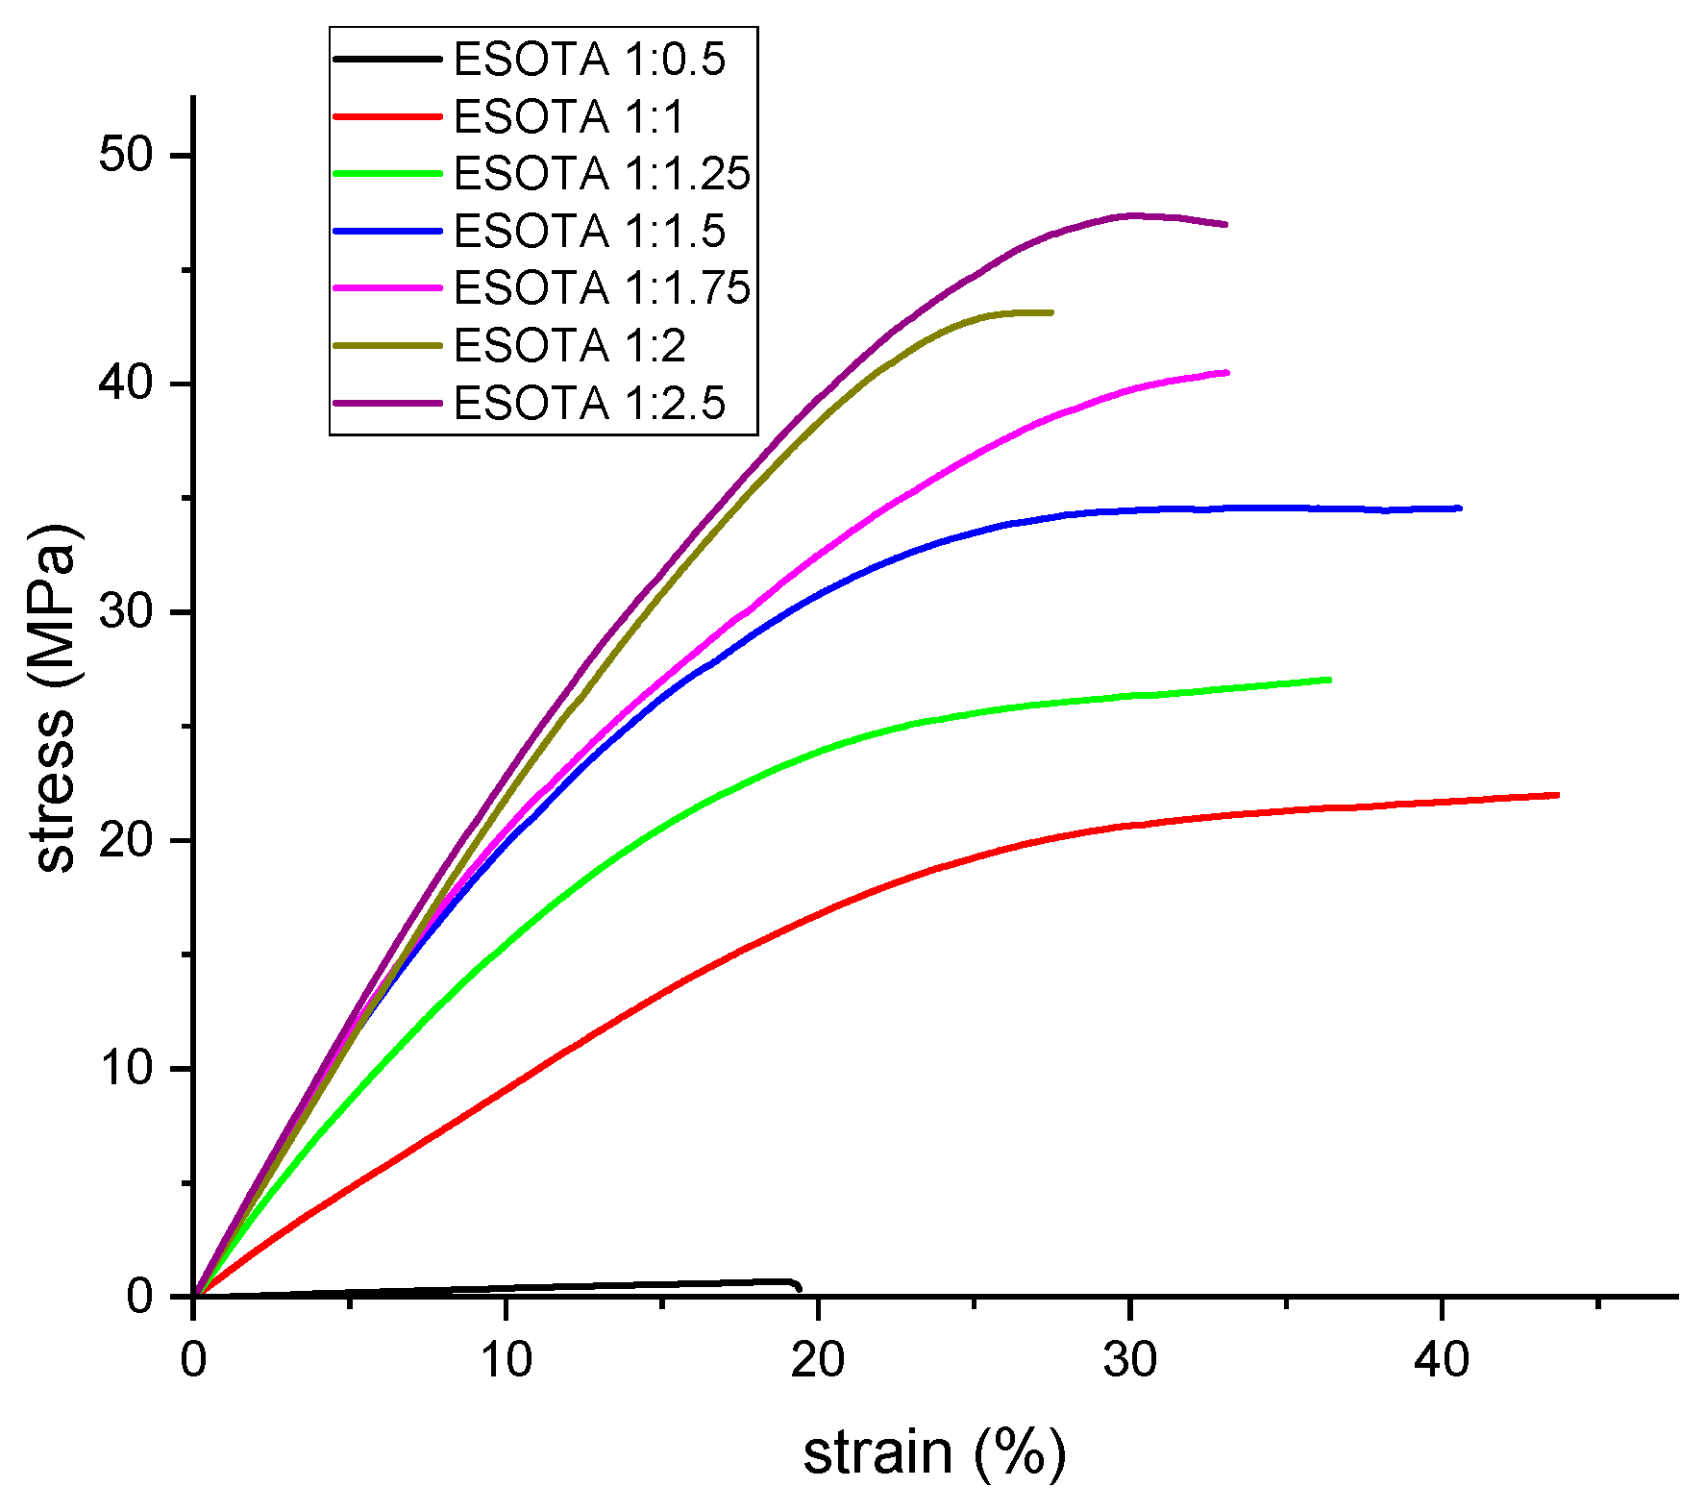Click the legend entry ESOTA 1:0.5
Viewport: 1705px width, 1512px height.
588,60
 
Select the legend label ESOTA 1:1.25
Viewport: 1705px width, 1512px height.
602,174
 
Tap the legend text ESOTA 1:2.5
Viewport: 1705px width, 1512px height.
588,403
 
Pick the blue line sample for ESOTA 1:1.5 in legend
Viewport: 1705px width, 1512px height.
386,231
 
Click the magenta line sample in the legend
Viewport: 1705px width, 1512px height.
386,287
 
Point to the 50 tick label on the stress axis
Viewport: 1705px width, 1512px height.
126,155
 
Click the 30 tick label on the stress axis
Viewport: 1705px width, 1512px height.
126,611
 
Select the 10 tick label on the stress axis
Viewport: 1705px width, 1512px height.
126,1068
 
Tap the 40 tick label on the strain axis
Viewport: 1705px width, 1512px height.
1442,1359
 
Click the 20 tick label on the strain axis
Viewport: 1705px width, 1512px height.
818,1359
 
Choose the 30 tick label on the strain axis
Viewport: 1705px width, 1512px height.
1130,1359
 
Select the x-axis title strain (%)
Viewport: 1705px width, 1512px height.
934,1451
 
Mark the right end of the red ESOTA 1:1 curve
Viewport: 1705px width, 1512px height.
1557,795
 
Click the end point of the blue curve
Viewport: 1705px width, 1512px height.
1459,508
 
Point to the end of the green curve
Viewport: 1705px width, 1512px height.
1329,680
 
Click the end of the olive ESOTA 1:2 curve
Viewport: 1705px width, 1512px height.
1051,312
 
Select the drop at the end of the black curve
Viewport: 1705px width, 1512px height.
798,1287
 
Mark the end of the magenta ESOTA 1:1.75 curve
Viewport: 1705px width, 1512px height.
1227,373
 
